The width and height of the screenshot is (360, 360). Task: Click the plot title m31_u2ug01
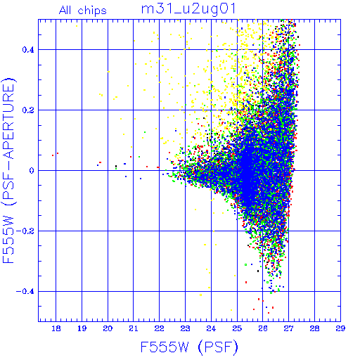[188, 9]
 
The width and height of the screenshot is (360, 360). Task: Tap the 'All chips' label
[83, 11]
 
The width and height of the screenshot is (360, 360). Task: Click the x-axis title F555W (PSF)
[189, 347]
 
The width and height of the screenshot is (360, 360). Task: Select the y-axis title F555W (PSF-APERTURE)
[8, 169]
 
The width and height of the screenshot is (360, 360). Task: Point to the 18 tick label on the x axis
[56, 328]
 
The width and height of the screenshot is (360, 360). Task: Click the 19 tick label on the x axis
[82, 328]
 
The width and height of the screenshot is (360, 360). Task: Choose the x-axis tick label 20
[108, 328]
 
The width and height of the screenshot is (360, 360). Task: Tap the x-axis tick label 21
[134, 328]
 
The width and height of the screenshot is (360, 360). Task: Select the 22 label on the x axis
[160, 328]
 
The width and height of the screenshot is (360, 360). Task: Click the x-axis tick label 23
[185, 328]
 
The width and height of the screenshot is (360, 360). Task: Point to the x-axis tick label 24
[211, 328]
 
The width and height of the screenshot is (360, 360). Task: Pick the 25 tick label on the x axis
[237, 328]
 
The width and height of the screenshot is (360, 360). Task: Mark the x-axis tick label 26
[263, 328]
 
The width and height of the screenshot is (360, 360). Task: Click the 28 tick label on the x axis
[314, 328]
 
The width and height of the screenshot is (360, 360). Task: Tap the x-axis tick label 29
[340, 328]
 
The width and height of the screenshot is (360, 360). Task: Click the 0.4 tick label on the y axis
[28, 50]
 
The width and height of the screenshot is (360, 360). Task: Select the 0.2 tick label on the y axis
[28, 110]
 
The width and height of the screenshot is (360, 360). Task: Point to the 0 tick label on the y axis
[32, 171]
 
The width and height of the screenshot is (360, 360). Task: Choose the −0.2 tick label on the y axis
[25, 231]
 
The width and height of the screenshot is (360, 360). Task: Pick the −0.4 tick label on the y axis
[25, 292]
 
